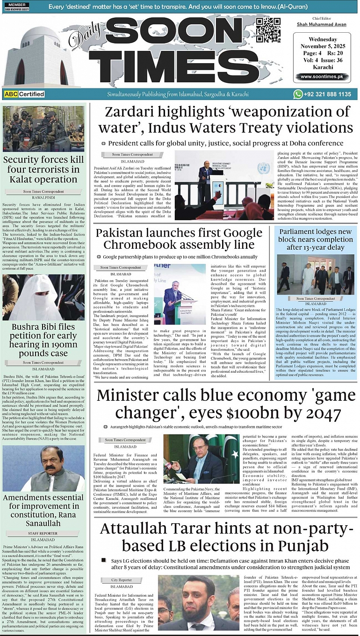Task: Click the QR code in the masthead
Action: pyautogui.click(x=268, y=30)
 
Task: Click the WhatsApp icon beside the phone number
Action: pyautogui.click(x=298, y=94)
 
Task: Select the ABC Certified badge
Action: pyautogui.click(x=24, y=94)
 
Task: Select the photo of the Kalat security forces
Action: pyautogui.click(x=43, y=129)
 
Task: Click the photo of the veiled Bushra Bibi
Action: pyautogui.click(x=43, y=297)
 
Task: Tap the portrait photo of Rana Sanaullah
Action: pyautogui.click(x=43, y=468)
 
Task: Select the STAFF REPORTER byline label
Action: pyautogui.click(x=43, y=533)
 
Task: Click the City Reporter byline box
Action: pyautogui.click(x=122, y=580)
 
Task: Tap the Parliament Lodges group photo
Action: pyautogui.click(x=315, y=274)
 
